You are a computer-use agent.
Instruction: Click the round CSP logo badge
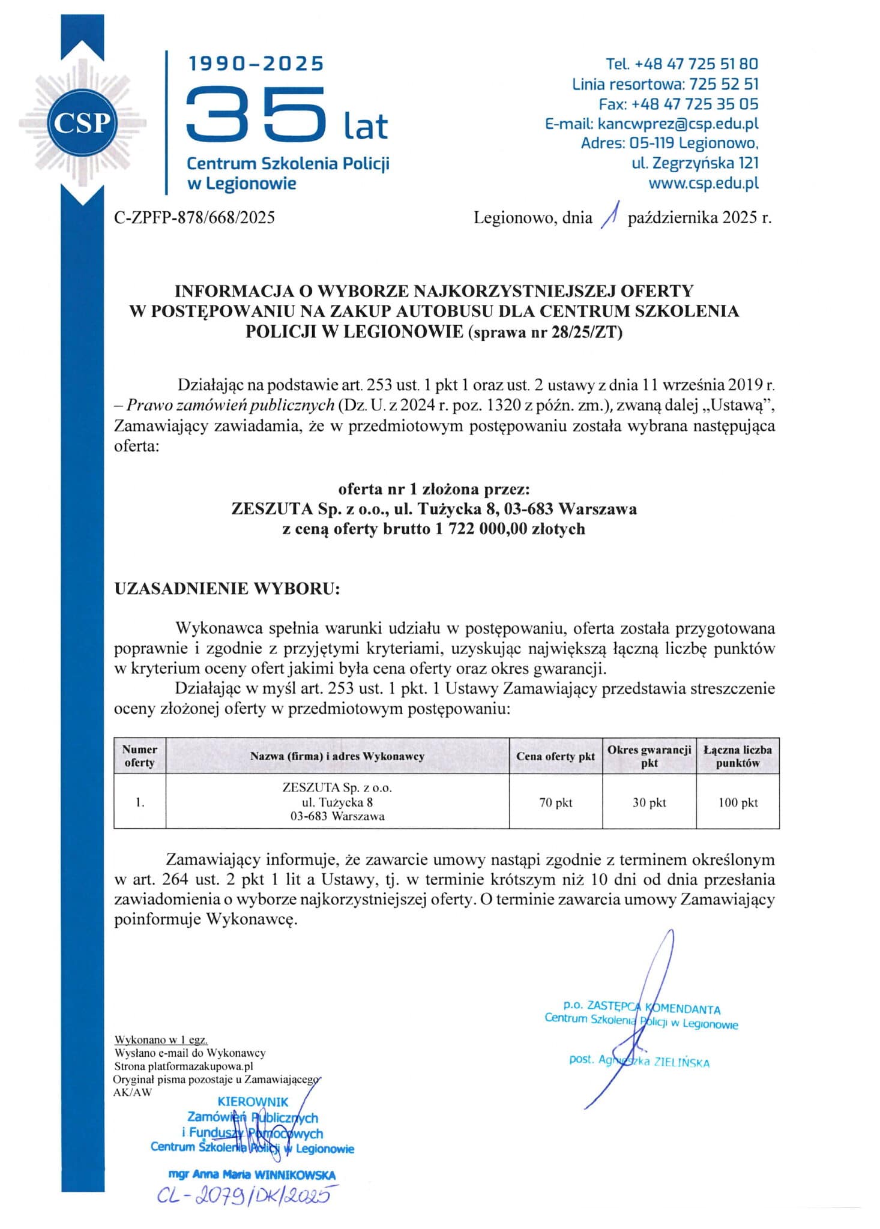pos(82,123)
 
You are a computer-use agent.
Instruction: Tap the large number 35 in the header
pos(256,113)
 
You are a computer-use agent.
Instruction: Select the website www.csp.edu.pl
pos(703,183)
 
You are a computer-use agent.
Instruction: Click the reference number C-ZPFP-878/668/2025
pos(194,217)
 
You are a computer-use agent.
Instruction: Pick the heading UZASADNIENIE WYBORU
pos(227,588)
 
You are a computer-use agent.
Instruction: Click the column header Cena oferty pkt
pos(555,756)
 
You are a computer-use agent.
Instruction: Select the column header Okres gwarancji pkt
pos(649,756)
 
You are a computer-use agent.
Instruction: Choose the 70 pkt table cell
pos(555,802)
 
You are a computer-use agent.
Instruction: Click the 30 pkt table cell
pos(649,802)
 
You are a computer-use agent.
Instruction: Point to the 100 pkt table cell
pos(738,802)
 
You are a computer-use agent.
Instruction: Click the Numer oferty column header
pos(139,756)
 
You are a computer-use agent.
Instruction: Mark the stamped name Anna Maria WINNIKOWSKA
pos(252,1174)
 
